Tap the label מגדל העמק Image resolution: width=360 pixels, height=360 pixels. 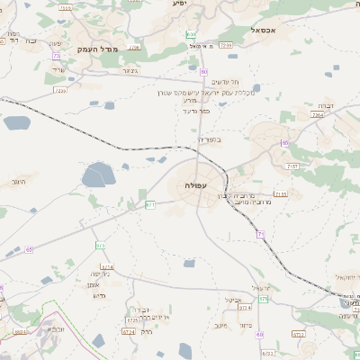tap(99, 49)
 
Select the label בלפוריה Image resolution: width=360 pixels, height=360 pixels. tap(207, 139)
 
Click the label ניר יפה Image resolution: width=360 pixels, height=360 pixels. tap(101, 274)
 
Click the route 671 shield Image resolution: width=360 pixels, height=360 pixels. tap(150, 205)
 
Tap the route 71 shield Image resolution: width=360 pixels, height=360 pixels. tap(260, 234)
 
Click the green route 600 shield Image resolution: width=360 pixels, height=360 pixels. tap(191, 34)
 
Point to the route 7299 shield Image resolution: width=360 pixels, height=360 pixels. tap(225, 44)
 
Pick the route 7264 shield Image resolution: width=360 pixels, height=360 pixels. tap(317, 115)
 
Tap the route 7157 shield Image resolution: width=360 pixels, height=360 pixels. tap(291, 166)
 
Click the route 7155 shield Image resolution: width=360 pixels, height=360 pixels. tap(281, 193)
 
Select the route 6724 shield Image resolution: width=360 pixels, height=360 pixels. tap(107, 266)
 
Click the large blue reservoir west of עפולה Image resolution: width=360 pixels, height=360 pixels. tap(95, 175)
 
